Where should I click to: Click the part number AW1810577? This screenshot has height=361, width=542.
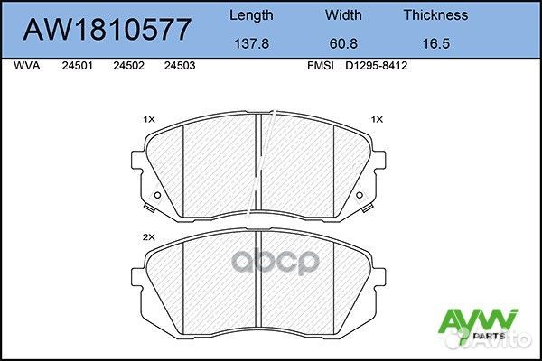click(x=107, y=30)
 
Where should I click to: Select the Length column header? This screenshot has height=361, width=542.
click(x=250, y=14)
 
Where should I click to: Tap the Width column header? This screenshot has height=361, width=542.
click(x=343, y=14)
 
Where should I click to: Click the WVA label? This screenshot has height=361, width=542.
click(x=29, y=67)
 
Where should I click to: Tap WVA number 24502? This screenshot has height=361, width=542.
click(x=127, y=67)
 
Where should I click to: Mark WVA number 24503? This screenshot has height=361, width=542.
click(x=179, y=67)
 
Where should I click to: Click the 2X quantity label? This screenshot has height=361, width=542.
click(x=149, y=236)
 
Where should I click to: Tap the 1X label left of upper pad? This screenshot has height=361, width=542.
click(x=149, y=119)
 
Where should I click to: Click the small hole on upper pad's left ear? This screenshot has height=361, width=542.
click(x=156, y=196)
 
